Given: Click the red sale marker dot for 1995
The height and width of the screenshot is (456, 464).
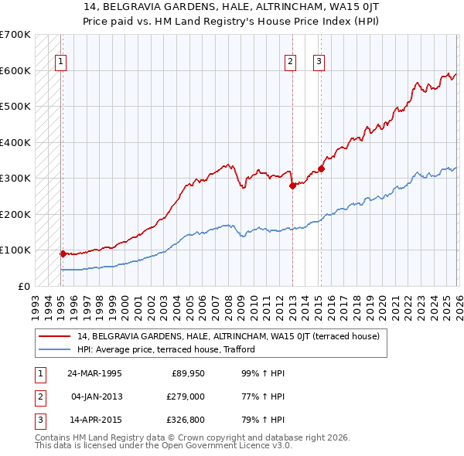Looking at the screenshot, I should coord(63,253).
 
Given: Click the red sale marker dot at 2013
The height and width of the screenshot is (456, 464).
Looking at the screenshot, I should coord(292,185).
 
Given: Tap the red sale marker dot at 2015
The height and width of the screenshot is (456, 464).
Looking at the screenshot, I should coord(322,168).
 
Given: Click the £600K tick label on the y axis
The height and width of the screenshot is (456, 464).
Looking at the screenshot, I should coord(15,70).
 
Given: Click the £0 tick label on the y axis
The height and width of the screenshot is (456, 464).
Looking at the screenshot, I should coord(24,286).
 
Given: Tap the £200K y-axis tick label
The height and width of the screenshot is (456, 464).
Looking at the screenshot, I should coord(15,214).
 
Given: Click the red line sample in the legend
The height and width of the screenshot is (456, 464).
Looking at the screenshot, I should coord(56,336).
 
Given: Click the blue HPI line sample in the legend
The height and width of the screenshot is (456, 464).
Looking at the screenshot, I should coord(56,349).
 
